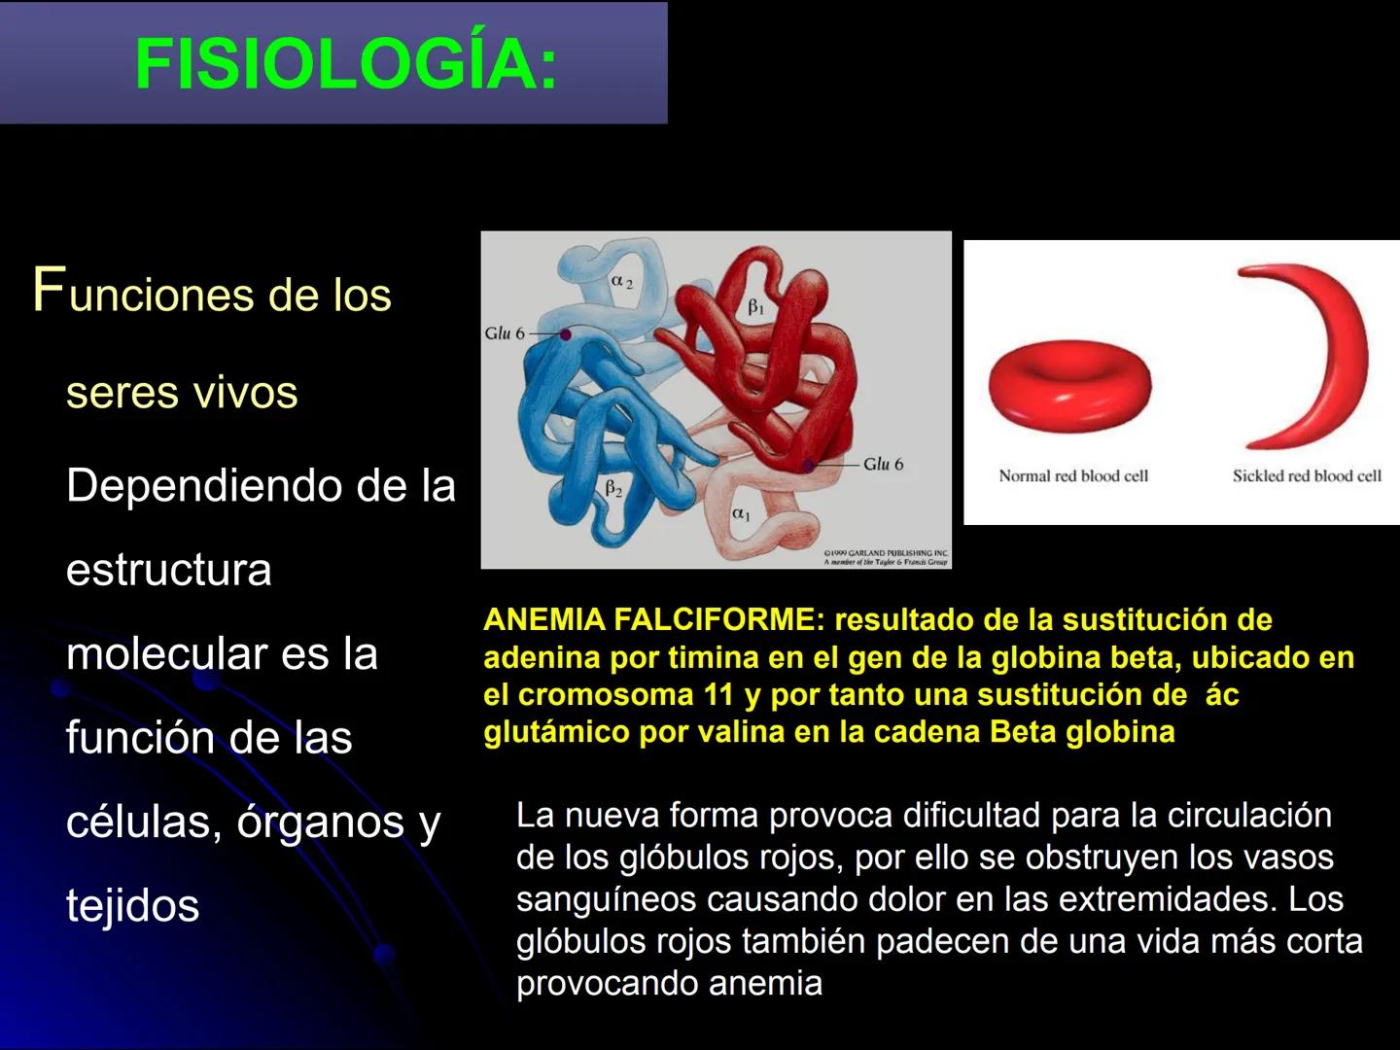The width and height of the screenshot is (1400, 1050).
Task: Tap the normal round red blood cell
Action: pos(1069,385)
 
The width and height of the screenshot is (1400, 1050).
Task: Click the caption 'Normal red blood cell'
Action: pos(1073,476)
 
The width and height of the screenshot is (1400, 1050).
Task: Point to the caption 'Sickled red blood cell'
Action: pos(1307,476)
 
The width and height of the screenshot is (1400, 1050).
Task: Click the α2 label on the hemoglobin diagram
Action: pos(622,282)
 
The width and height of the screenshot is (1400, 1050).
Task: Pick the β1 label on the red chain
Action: pos(756,307)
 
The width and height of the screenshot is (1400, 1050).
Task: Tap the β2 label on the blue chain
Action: pos(614,488)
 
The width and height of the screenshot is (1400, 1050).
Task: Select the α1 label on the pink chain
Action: pos(742,512)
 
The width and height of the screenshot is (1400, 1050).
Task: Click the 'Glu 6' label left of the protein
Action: pos(505,333)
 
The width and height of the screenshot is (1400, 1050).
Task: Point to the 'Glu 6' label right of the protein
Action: pos(884,465)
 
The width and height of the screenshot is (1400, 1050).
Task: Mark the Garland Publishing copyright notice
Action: pos(885,557)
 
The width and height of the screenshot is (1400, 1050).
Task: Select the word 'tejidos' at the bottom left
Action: pos(132,906)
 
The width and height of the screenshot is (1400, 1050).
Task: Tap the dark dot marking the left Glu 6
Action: pos(565,334)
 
